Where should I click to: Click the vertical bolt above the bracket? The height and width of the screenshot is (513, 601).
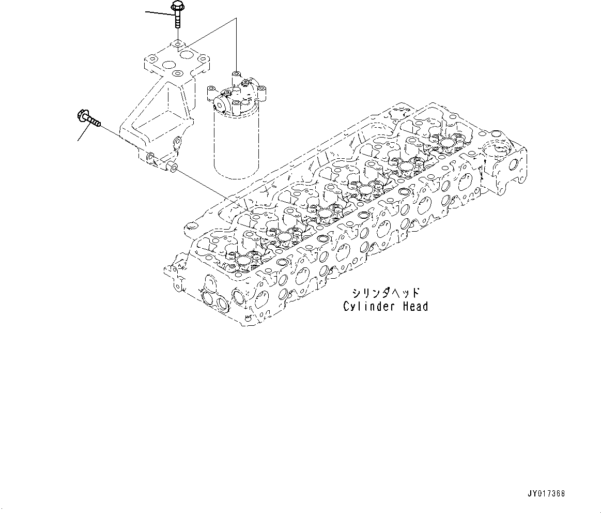click(x=177, y=16)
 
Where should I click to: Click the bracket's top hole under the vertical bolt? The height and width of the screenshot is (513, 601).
click(x=177, y=46)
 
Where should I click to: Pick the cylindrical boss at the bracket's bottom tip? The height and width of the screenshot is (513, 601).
click(x=172, y=167)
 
